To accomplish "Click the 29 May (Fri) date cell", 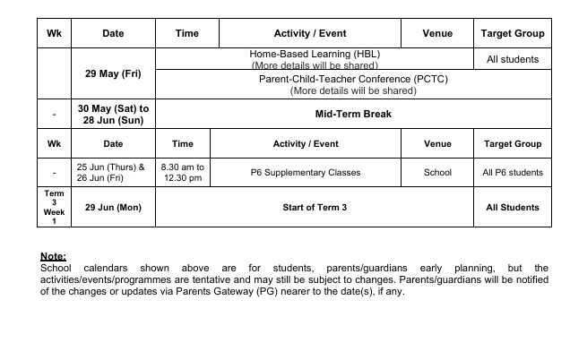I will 113,73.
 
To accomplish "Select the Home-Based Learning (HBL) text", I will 314,54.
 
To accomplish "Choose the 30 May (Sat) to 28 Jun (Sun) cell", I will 113,114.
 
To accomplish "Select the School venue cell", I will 437,173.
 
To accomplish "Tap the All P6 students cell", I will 513,173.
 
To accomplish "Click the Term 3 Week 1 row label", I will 54,207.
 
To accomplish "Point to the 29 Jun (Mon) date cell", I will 113,207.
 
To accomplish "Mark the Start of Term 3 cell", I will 314,207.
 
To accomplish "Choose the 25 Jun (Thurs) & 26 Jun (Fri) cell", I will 113,173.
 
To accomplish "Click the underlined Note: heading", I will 54,257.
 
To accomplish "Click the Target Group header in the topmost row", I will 513,33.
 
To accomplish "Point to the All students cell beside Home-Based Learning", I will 513,59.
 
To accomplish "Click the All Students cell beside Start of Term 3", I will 513,207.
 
